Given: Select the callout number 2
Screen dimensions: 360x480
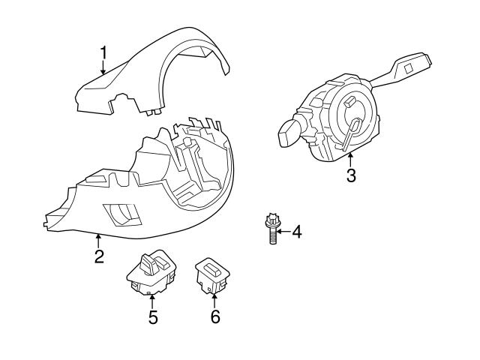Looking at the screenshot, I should (x=98, y=257).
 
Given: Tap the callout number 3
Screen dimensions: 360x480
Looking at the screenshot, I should (x=351, y=176).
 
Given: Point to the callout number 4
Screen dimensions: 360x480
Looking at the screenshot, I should (x=296, y=232).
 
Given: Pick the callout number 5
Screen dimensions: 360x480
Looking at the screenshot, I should (x=153, y=317).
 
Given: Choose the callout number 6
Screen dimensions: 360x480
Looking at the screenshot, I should (x=215, y=317).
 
